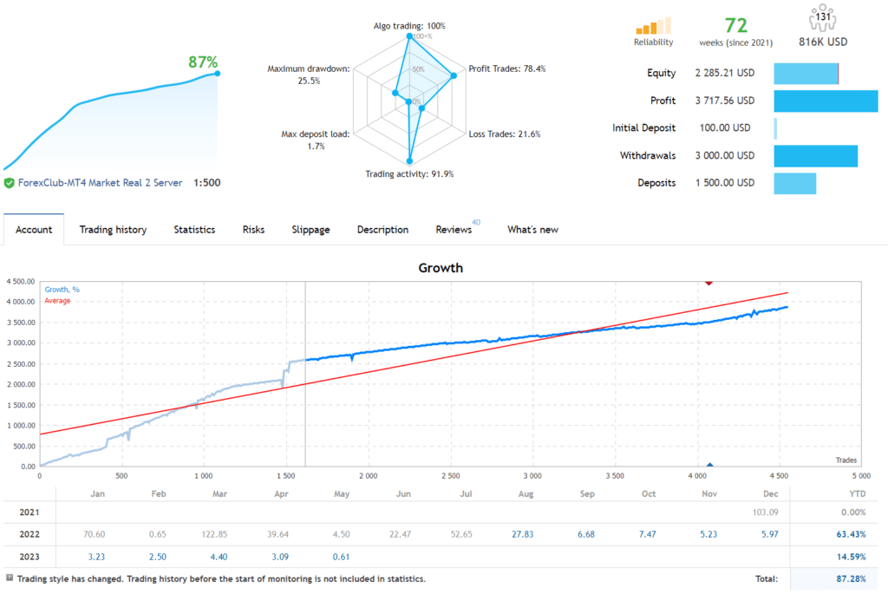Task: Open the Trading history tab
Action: [113, 230]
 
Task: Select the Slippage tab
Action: [310, 230]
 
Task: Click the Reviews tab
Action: [454, 230]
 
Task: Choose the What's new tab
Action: [532, 230]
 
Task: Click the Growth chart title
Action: [441, 268]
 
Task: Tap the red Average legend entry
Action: [57, 301]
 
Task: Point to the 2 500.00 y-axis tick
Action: [18, 363]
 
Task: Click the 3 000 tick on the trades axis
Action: [532, 476]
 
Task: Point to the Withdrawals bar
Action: [815, 156]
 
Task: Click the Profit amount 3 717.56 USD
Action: [724, 101]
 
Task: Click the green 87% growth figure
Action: [203, 62]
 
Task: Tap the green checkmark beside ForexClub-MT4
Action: [9, 183]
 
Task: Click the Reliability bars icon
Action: [653, 26]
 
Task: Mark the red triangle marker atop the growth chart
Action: [709, 282]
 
